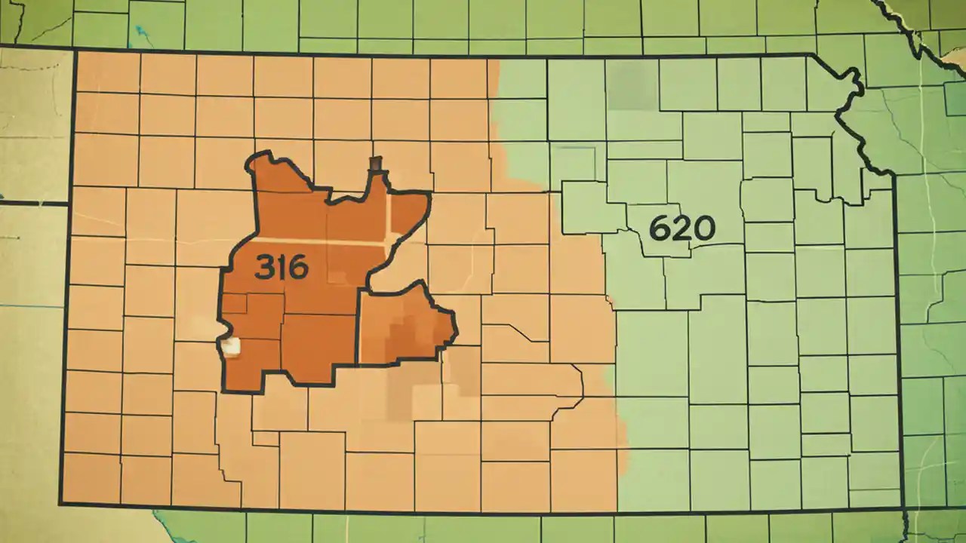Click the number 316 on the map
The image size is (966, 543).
click(x=281, y=267)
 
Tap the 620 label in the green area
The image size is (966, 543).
click(x=681, y=227)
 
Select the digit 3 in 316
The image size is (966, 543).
click(x=263, y=267)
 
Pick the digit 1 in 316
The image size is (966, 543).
click(x=281, y=267)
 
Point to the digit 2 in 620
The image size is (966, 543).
click(x=681, y=227)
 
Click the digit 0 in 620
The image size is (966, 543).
click(x=703, y=228)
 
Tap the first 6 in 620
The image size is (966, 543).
click(x=660, y=227)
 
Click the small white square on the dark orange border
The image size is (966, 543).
click(x=231, y=347)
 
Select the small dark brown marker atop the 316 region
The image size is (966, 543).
click(x=376, y=163)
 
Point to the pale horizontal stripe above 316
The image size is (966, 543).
click(x=317, y=243)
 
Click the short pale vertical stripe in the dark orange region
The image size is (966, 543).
click(x=389, y=219)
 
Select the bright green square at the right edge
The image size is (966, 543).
click(x=955, y=98)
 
